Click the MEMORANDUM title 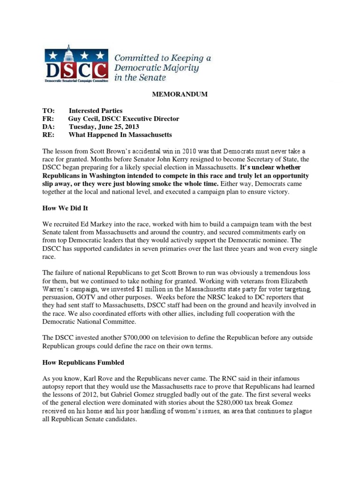(180, 95)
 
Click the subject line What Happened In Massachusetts (120, 135)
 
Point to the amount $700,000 (137, 338)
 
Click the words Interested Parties (96, 111)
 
